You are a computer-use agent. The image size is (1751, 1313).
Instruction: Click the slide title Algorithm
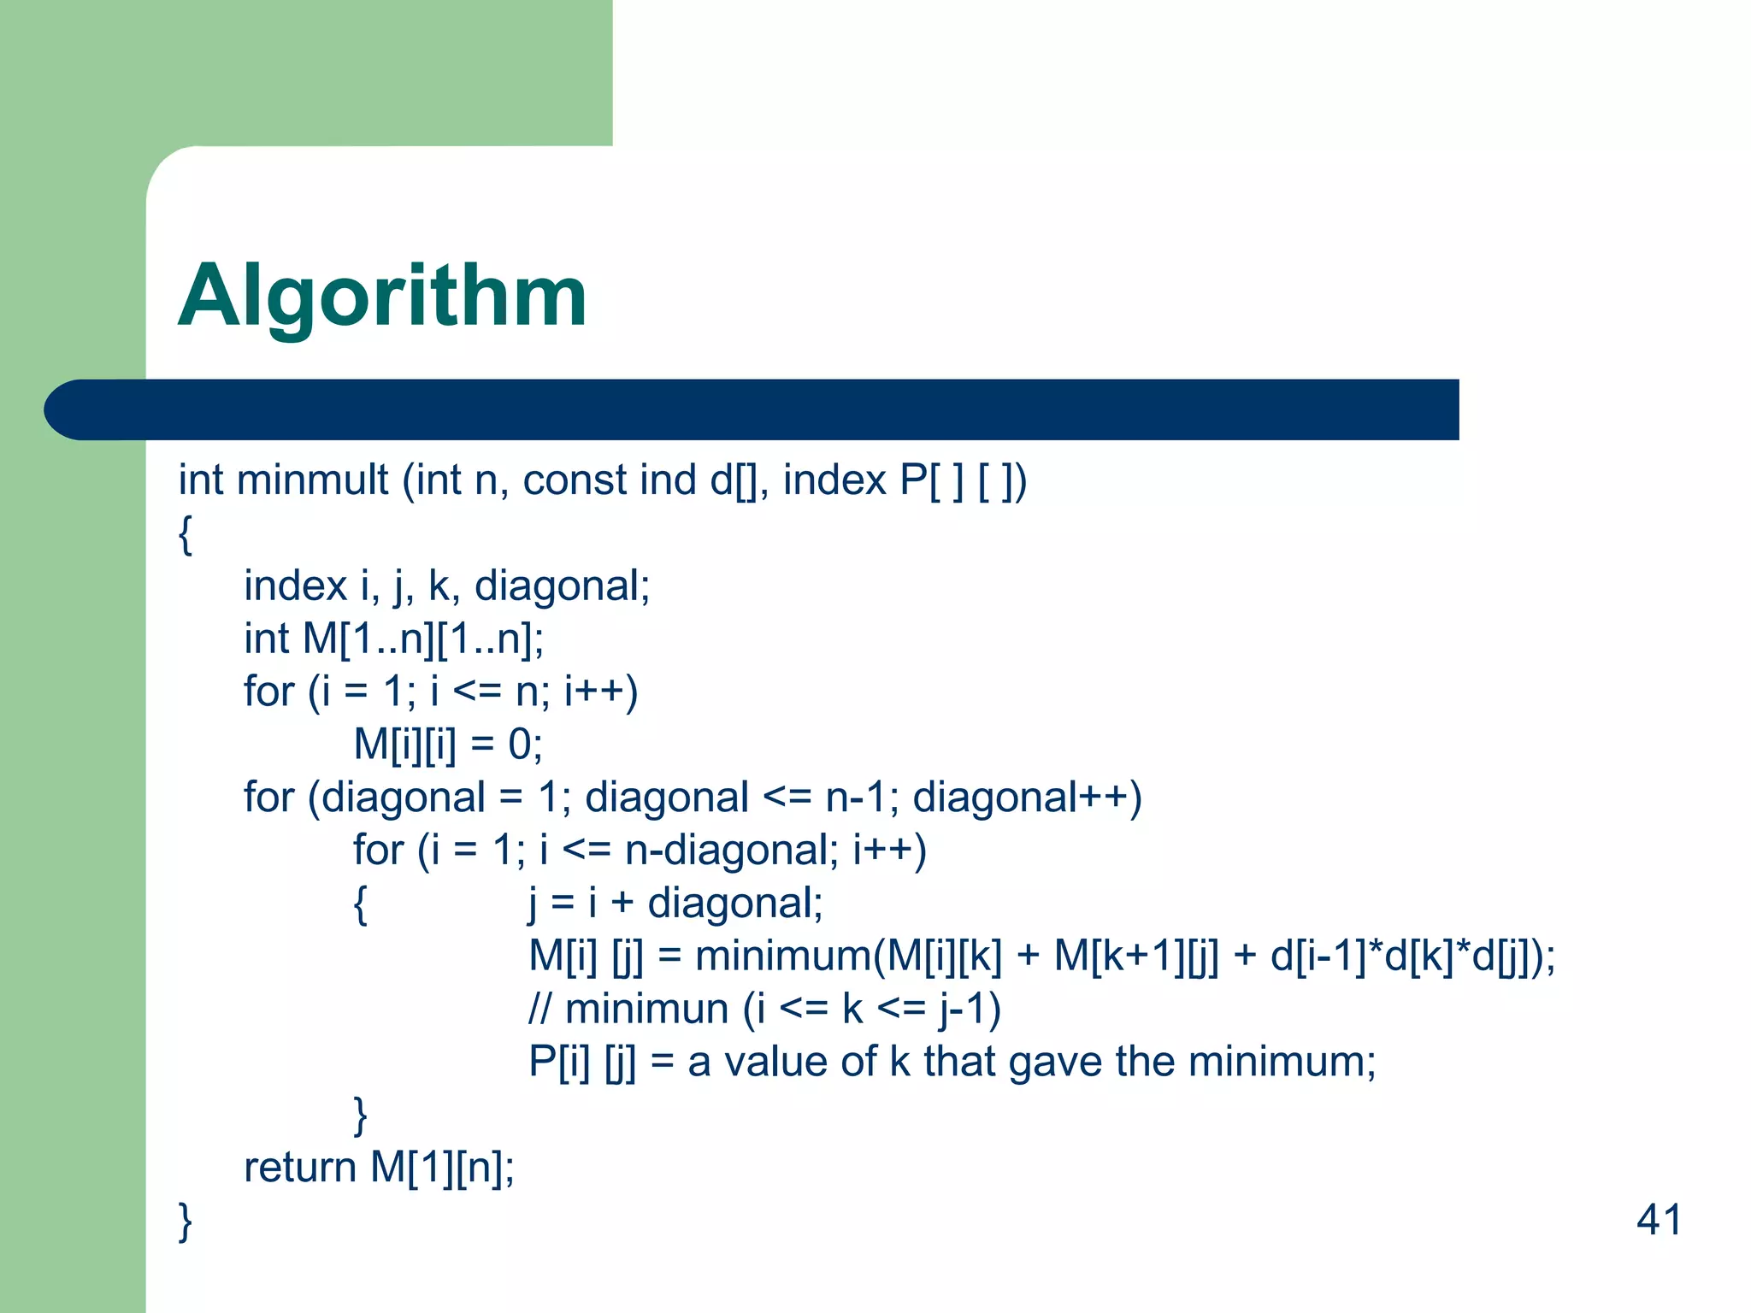click(x=382, y=297)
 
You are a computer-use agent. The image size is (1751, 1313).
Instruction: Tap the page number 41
click(x=1659, y=1219)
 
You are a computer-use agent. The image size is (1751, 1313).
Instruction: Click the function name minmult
click(x=312, y=480)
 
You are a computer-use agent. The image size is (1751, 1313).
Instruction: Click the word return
click(x=299, y=1167)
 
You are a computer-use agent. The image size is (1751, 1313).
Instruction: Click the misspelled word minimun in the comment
click(x=646, y=1009)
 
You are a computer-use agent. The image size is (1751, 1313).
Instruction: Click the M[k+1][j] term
click(x=1136, y=956)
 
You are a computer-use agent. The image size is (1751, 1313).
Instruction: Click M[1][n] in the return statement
click(x=441, y=1167)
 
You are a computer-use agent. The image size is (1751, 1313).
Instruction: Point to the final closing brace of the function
click(x=185, y=1221)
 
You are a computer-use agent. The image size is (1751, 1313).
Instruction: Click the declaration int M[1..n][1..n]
click(x=393, y=639)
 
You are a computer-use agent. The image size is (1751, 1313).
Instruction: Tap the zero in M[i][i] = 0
click(x=520, y=745)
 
